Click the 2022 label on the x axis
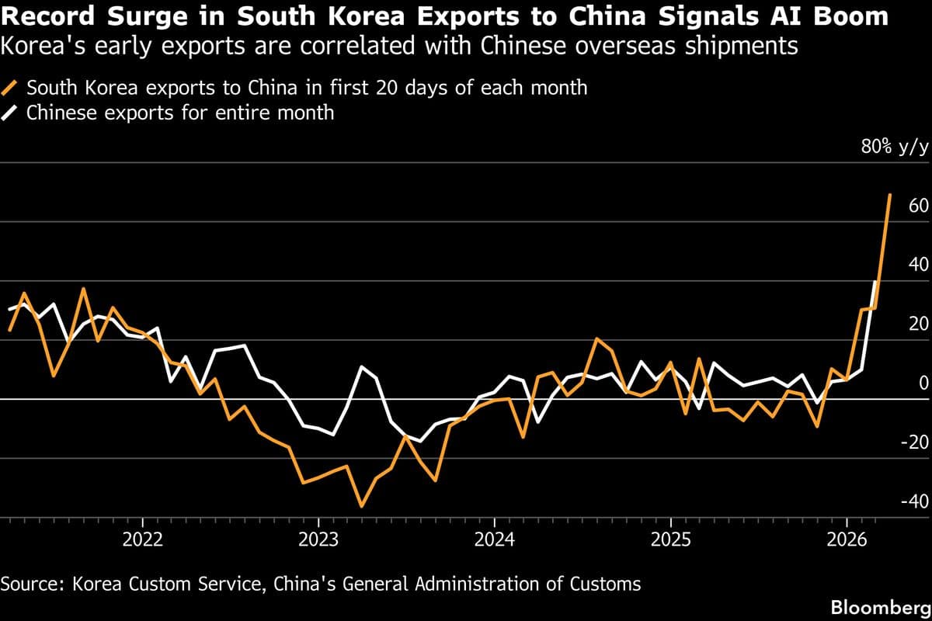143,539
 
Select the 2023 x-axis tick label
318,539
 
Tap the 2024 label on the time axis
495,539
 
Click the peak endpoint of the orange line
890,195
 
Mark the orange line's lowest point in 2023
361,506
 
